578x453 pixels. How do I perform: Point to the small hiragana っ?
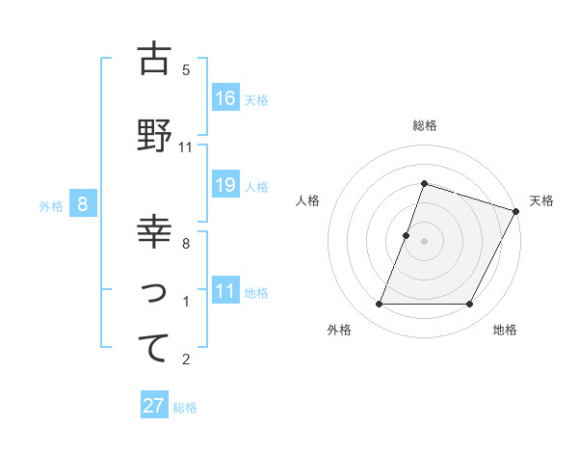pos(154,293)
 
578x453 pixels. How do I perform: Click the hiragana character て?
pos(153,348)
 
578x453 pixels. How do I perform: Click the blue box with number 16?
pos(225,98)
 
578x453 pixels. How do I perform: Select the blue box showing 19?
pos(225,185)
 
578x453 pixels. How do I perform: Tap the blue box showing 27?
pos(154,406)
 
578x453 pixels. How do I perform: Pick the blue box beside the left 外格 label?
pos(84,204)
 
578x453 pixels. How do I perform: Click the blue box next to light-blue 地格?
pos(225,291)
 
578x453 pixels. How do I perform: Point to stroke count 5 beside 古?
pos(186,70)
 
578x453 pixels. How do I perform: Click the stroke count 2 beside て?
pos(186,360)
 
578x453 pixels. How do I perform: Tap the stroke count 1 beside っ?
pos(186,303)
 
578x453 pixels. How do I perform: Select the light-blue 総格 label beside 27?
pos(185,408)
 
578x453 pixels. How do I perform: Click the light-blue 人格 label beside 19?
pos(256,187)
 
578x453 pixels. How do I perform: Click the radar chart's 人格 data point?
pos(407,235)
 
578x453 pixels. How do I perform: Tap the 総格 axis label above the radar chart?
pos(424,125)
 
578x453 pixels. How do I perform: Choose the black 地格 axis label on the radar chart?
pos(505,331)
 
